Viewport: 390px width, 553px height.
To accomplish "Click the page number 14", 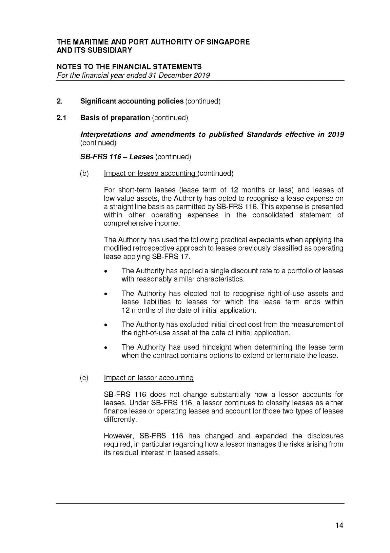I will tap(339, 525).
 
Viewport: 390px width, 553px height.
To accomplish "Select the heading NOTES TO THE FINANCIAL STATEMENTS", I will tap(129, 67).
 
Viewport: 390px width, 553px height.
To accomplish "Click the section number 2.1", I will tap(61, 118).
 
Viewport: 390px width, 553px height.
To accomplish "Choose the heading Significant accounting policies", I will tap(132, 101).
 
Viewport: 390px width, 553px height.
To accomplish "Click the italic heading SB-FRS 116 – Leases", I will tap(117, 157).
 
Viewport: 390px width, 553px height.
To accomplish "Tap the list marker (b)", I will tap(84, 173).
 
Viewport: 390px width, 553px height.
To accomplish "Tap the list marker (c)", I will tap(84, 378).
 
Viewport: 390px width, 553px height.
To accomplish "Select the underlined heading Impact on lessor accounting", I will tap(148, 378).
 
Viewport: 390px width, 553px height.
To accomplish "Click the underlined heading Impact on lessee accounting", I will tap(149, 173).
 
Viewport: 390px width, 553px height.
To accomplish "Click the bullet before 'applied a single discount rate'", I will tap(106, 271).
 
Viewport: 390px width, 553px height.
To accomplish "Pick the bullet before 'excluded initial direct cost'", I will tap(106, 325).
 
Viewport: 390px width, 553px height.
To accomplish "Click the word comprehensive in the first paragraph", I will tap(124, 223).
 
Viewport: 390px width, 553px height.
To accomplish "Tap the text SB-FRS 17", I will tap(171, 256).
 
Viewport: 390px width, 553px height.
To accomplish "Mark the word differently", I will tap(119, 419).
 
